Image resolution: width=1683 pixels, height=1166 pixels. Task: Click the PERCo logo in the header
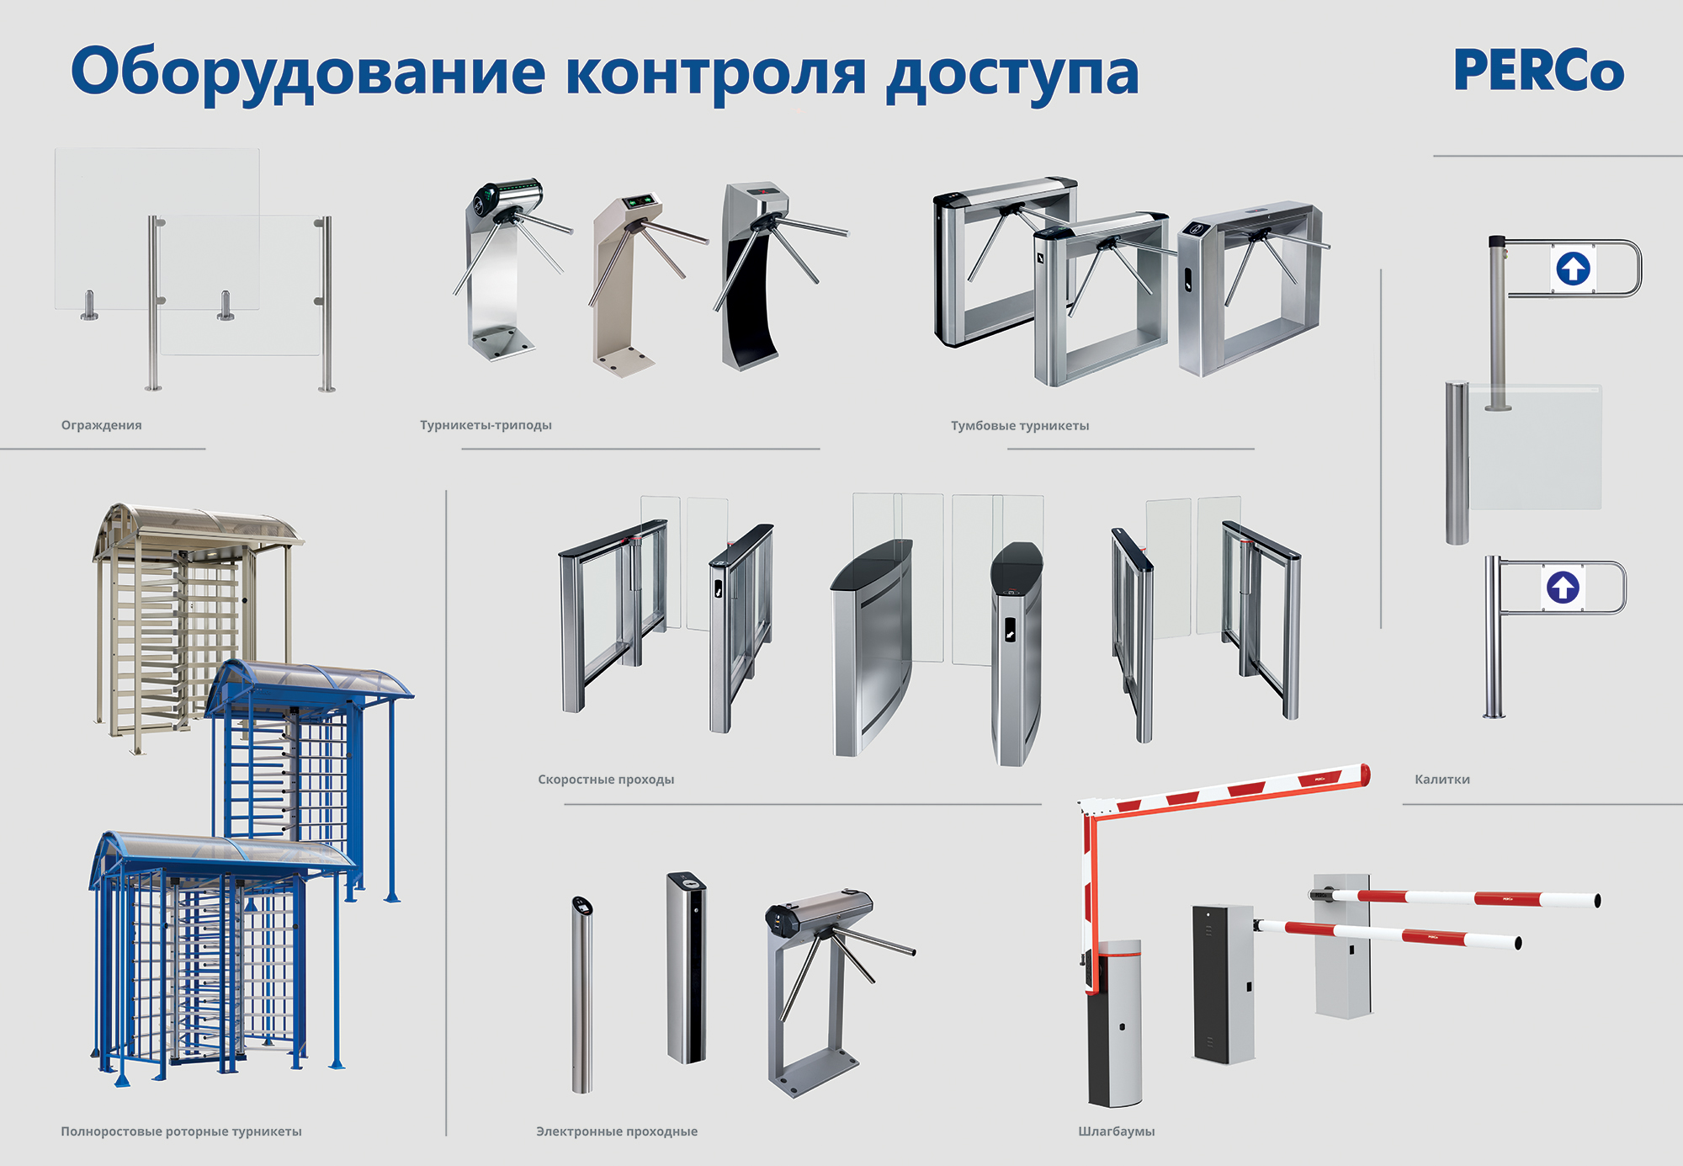1538,70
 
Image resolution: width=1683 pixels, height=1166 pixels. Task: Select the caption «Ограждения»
101,425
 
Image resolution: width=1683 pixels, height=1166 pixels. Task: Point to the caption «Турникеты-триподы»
486,425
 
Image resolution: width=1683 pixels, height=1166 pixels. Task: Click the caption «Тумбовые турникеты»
1020,426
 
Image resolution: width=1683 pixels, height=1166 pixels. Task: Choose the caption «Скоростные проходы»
606,780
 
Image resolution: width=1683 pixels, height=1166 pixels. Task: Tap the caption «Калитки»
1442,780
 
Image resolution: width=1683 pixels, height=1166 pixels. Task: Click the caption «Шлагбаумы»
1117,1131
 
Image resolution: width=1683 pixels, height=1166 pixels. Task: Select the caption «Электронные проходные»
617,1131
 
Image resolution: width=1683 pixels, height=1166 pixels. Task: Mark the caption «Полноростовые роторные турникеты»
181,1131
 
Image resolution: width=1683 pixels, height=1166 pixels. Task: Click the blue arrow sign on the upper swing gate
1573,269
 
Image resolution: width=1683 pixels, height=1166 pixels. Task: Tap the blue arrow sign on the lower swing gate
1563,587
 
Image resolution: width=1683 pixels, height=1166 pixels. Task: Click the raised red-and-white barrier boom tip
1365,775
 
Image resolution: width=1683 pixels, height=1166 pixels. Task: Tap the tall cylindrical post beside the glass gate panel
1457,463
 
